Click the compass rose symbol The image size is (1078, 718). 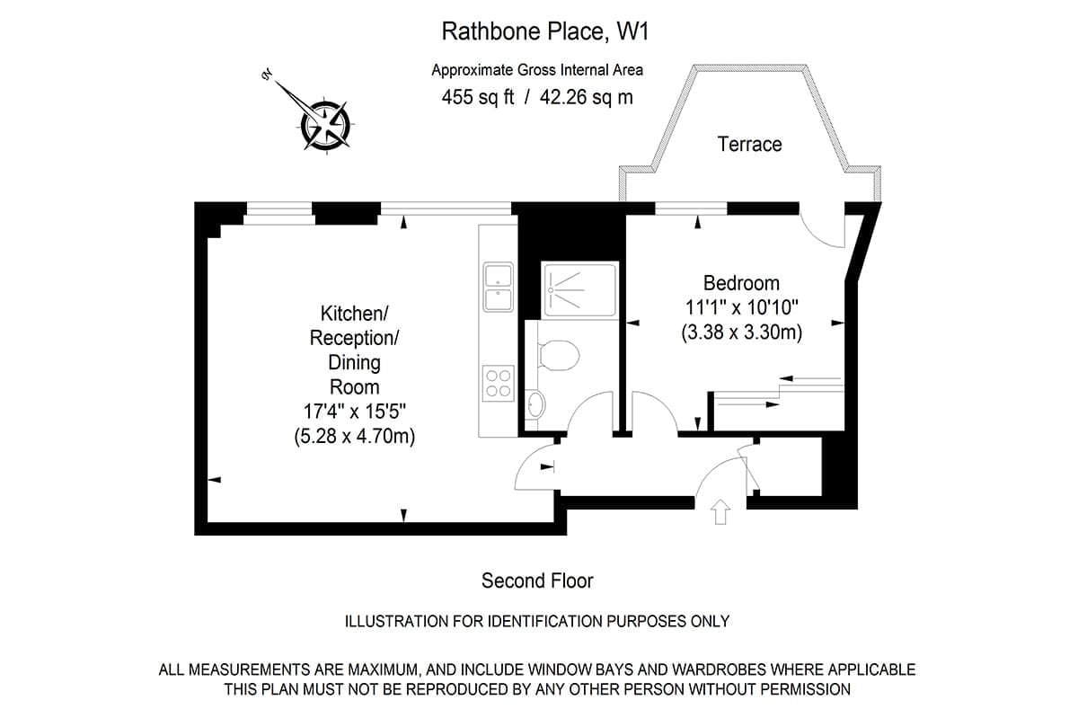[x=325, y=125]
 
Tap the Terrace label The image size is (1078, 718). [x=749, y=145]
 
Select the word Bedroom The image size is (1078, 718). [x=741, y=283]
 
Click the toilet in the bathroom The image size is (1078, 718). [x=557, y=355]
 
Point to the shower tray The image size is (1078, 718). [x=579, y=290]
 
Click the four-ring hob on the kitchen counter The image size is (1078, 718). [x=498, y=384]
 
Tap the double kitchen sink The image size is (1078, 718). [x=498, y=287]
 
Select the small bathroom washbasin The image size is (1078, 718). [x=535, y=404]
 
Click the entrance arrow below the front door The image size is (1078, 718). [x=720, y=511]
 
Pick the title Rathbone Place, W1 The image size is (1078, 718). [x=545, y=31]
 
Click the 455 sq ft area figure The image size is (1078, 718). [x=477, y=97]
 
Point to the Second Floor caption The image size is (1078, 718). [x=537, y=581]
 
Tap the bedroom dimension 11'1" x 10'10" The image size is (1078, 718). [x=742, y=307]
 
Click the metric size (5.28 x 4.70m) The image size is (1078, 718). [x=354, y=437]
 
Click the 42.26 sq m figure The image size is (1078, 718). [x=586, y=97]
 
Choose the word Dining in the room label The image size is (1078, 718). [x=354, y=363]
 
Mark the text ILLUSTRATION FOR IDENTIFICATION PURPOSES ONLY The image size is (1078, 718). [x=537, y=621]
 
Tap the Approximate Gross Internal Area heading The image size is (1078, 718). [x=537, y=70]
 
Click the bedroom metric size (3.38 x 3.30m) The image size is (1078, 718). [x=742, y=332]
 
